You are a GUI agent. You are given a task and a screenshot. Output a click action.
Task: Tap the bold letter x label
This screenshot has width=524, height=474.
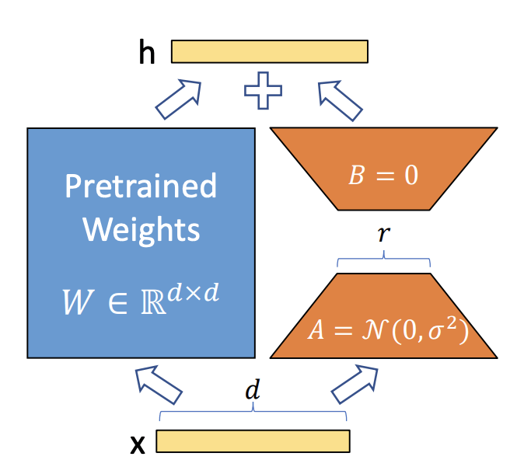tap(138, 444)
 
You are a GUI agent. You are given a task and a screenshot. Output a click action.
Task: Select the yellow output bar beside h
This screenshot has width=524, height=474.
tap(269, 51)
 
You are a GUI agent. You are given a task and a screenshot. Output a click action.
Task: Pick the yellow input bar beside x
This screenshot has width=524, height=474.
tap(253, 441)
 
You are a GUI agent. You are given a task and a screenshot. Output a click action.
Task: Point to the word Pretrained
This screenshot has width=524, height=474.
tap(141, 186)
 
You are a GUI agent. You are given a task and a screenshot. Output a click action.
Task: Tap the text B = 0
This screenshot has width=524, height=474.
tap(383, 175)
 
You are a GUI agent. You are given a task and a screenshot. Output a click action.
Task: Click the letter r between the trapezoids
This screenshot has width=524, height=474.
tap(383, 234)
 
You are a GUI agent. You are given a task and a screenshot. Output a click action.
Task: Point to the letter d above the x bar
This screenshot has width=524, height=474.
tap(251, 392)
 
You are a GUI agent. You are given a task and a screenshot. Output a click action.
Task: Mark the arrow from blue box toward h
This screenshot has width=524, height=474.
tap(176, 99)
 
